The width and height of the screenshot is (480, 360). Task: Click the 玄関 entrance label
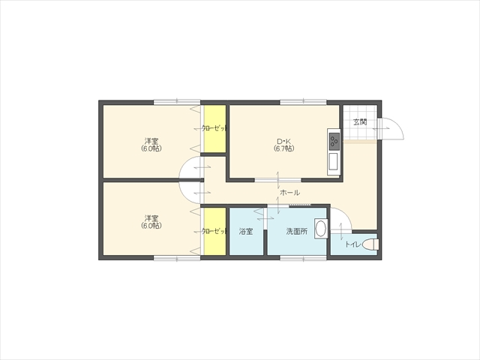point(360,121)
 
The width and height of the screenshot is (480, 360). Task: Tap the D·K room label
point(283,142)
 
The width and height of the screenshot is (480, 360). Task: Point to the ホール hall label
point(289,193)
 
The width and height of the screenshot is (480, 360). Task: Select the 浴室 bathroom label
point(246,232)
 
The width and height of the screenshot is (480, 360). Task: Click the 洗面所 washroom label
point(297,232)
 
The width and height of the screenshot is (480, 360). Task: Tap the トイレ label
point(352,244)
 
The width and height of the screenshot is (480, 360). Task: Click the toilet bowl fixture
point(370,244)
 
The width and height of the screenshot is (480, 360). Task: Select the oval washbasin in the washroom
point(320,229)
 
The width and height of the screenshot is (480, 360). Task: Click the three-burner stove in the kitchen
point(334,141)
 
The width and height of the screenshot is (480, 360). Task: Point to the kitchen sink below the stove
point(333,162)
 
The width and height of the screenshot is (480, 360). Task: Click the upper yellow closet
point(215,128)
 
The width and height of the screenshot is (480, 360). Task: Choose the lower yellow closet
point(215,232)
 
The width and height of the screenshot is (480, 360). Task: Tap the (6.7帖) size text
point(283,148)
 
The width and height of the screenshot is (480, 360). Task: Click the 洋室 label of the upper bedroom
point(151,141)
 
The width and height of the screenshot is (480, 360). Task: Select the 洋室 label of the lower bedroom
point(151,218)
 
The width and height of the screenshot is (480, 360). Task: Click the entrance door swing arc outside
point(399,125)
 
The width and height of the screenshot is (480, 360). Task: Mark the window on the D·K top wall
point(303,102)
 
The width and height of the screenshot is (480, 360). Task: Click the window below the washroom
point(303,258)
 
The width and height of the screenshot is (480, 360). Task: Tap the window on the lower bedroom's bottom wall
point(177,258)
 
